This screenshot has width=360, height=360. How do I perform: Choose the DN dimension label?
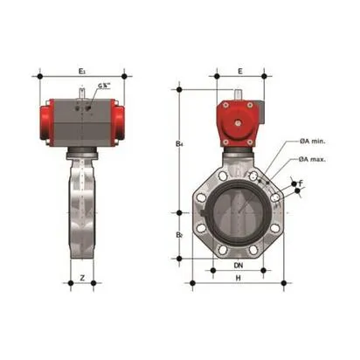238,264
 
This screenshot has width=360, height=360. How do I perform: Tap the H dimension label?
238,278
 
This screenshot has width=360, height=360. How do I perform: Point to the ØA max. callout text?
313,159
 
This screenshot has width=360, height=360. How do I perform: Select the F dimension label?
301,184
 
